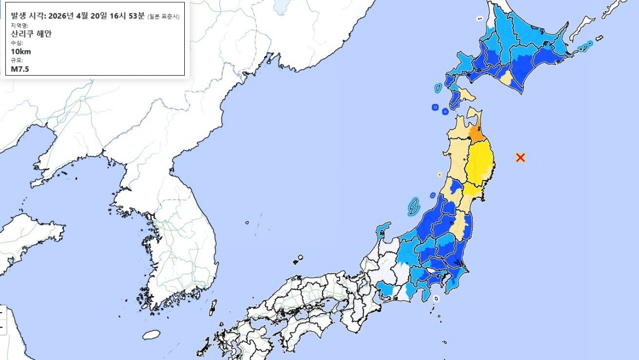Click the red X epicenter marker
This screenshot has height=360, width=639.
[x=521, y=157]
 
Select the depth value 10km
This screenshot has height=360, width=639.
[x=21, y=51]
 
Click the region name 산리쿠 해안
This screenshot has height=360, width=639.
[x=32, y=34]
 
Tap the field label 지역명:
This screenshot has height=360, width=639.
[x=20, y=25]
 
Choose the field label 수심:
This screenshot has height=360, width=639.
[x=17, y=43]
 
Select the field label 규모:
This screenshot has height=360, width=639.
[x=17, y=60]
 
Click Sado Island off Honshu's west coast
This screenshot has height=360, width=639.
[x=413, y=207]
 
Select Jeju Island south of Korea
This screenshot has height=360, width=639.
[x=152, y=334]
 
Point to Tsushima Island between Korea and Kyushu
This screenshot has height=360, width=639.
[x=212, y=308]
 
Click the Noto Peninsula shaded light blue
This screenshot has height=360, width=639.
[x=382, y=231]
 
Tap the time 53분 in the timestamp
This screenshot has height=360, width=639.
[x=136, y=15]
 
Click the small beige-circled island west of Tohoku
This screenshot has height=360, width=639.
[x=439, y=174]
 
